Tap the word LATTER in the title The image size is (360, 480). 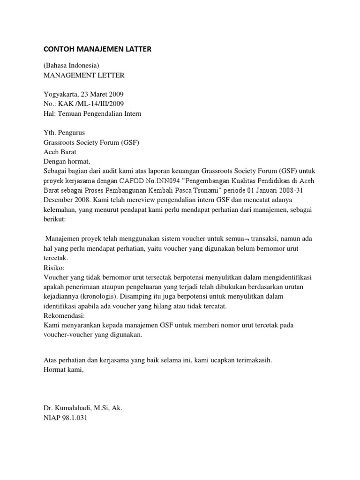coord(135,49)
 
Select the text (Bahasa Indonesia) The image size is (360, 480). coord(71,65)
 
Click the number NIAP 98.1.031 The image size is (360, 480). coord(65,418)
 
